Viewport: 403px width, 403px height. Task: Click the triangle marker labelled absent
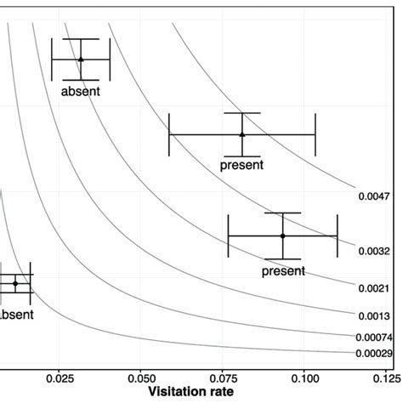[81, 60]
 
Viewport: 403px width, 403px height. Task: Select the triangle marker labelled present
[242, 133]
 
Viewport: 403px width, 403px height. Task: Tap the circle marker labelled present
[283, 236]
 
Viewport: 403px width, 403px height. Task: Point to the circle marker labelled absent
[15, 283]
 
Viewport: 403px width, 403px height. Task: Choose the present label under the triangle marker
[241, 165]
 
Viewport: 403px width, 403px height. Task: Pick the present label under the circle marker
[282, 271]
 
